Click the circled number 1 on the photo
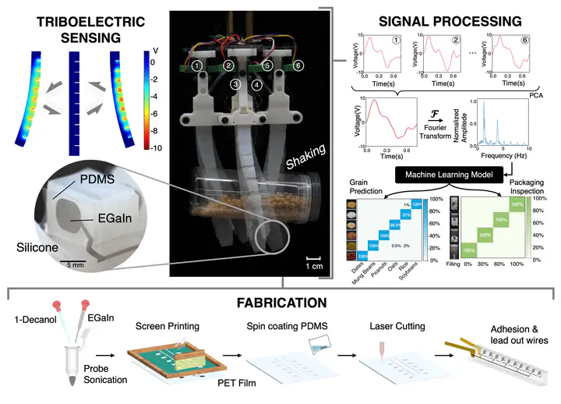click(199, 67)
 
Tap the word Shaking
click(304, 145)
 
